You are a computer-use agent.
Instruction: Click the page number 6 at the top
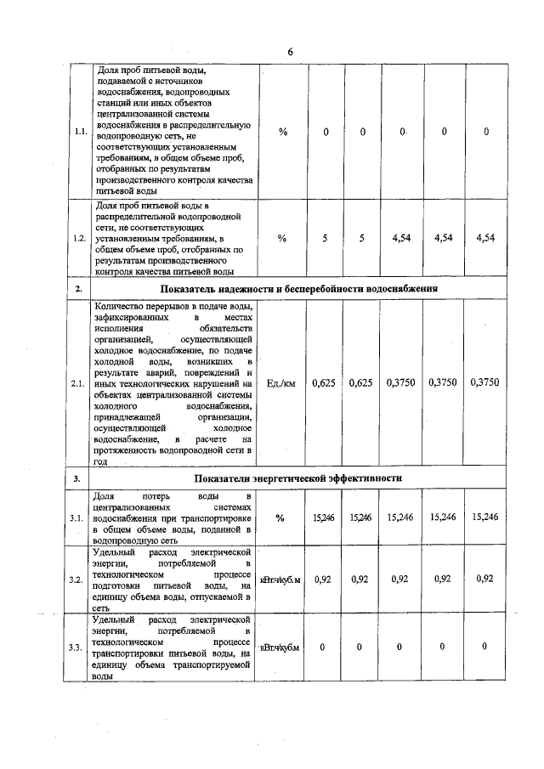pos(290,52)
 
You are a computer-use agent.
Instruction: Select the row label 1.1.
pos(78,132)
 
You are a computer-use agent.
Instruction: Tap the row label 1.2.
pos(78,239)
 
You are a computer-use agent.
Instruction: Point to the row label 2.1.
pos(78,383)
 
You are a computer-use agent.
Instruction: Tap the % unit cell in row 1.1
pos(282,132)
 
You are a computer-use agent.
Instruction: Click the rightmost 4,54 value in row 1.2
pos(485,239)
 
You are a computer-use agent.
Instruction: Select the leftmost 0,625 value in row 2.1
pos(324,383)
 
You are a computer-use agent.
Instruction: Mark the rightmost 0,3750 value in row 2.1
pos(485,383)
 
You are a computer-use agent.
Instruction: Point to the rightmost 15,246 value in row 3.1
pos(484,517)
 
